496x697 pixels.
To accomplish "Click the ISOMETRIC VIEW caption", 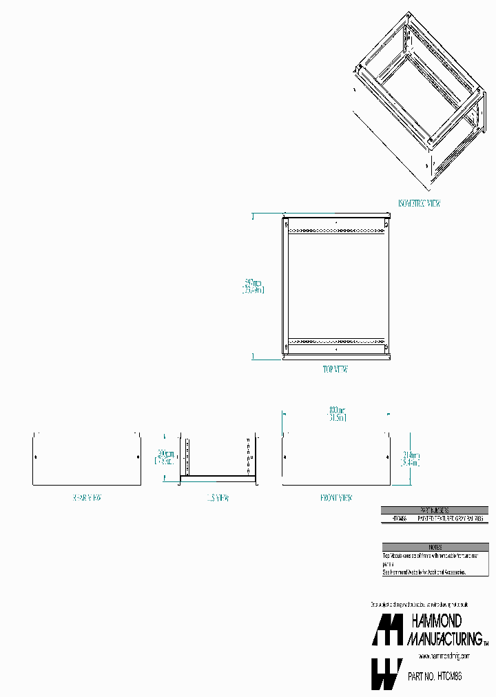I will tap(419, 203).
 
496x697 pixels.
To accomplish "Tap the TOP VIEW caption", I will tap(335, 370).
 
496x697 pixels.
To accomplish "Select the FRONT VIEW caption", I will tap(335, 497).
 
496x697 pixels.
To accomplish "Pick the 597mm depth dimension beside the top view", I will tap(253, 286).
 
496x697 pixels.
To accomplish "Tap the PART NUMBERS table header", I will tap(435, 510).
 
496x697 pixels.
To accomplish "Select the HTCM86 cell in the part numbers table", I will tap(399, 518).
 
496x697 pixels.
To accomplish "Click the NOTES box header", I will tap(435, 546).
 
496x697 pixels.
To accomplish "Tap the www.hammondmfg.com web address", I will tap(444, 656).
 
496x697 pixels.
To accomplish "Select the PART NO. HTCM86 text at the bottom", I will tap(435, 677).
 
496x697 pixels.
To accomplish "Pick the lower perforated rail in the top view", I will tap(335, 341).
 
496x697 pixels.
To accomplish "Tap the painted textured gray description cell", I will tap(451, 518).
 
